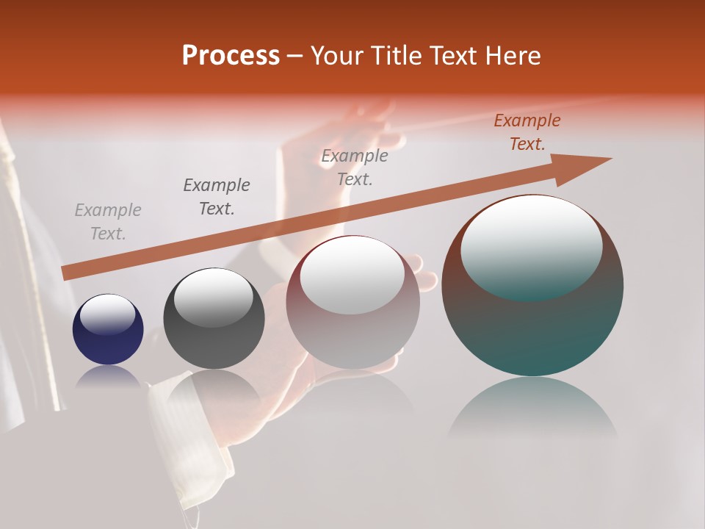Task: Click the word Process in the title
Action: click(231, 56)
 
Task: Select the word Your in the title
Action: click(336, 56)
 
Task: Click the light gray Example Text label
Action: click(108, 222)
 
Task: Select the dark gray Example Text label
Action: click(217, 197)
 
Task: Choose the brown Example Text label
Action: click(527, 132)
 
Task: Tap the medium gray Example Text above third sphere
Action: click(355, 167)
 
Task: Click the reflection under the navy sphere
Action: click(108, 377)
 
